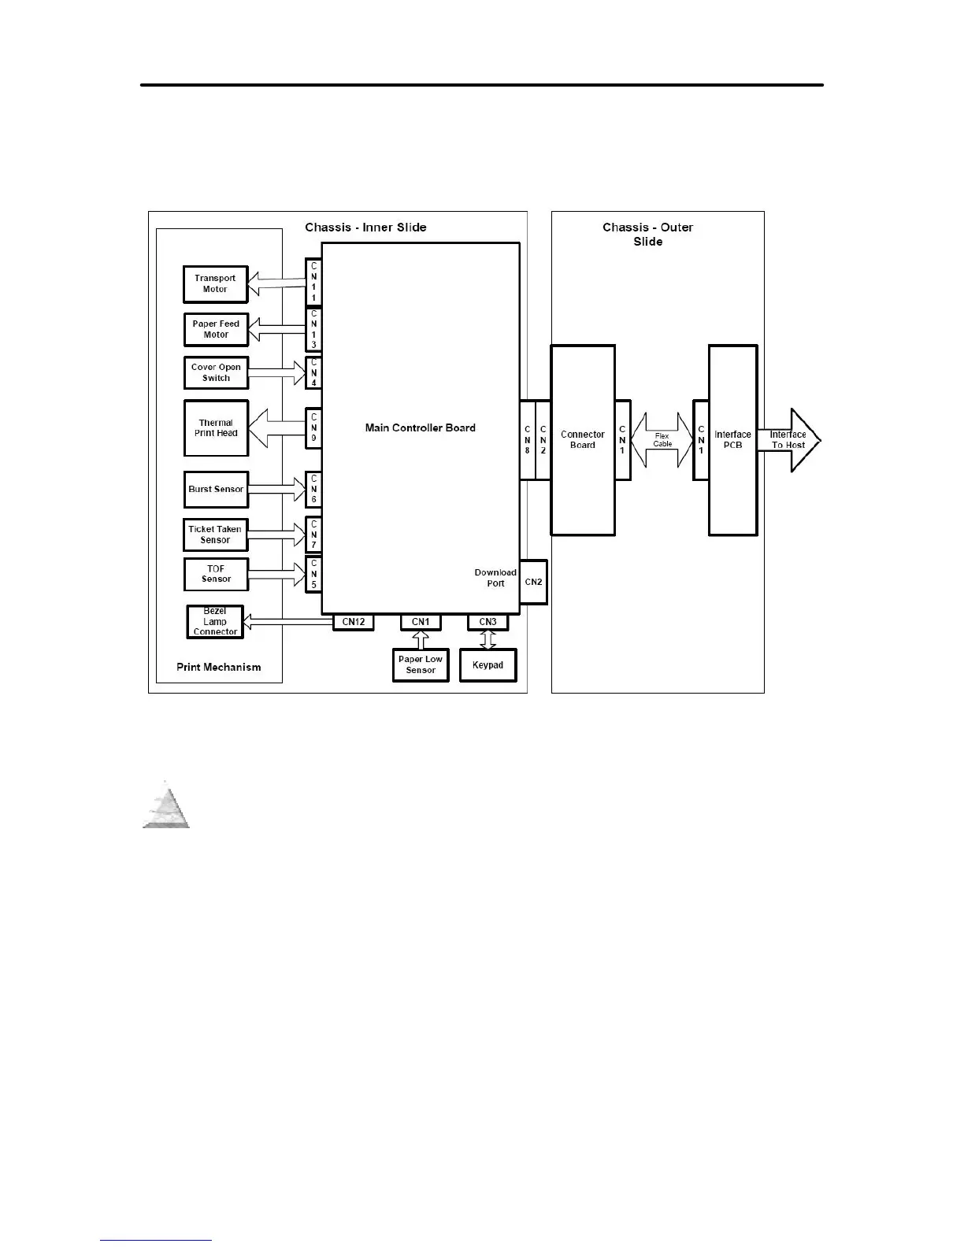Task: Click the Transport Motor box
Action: pyautogui.click(x=215, y=284)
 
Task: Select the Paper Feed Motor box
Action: pyautogui.click(x=216, y=330)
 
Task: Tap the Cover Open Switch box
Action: pyautogui.click(x=216, y=373)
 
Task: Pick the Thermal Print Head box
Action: pyautogui.click(x=216, y=428)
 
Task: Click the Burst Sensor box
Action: pyautogui.click(x=216, y=490)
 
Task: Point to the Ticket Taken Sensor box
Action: pyautogui.click(x=215, y=535)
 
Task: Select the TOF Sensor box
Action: pyautogui.click(x=216, y=575)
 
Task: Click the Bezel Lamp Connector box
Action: pyautogui.click(x=215, y=622)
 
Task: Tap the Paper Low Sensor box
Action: pyautogui.click(x=421, y=665)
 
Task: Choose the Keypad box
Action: pyautogui.click(x=488, y=665)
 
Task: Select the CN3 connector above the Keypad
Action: pyautogui.click(x=488, y=622)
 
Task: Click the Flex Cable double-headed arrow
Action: pyautogui.click(x=662, y=440)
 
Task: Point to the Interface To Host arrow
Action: pyautogui.click(x=789, y=440)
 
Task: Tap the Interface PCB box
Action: pyautogui.click(x=732, y=440)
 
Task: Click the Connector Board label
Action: pyautogui.click(x=582, y=440)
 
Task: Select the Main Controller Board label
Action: pyautogui.click(x=420, y=428)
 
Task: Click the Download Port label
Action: pyautogui.click(x=495, y=578)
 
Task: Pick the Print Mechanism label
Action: pyautogui.click(x=218, y=668)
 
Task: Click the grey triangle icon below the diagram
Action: pyautogui.click(x=166, y=806)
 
